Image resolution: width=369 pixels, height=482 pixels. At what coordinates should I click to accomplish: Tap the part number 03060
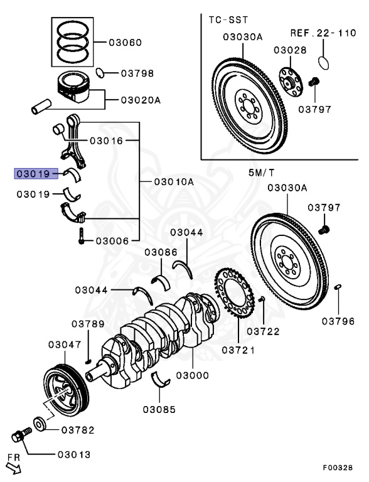click(x=125, y=43)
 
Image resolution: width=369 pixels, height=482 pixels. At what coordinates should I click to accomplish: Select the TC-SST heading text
click(x=228, y=20)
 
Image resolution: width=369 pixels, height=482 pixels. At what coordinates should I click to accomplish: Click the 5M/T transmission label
click(x=261, y=173)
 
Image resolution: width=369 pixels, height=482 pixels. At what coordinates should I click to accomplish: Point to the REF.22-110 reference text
click(x=323, y=33)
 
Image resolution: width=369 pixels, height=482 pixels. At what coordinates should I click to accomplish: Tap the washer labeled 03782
click(x=40, y=424)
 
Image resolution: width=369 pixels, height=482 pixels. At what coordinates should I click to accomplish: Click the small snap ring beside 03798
click(x=99, y=73)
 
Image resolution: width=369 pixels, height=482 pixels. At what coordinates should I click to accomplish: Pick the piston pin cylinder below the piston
click(x=41, y=106)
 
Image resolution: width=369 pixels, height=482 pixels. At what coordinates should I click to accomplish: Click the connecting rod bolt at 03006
click(x=82, y=236)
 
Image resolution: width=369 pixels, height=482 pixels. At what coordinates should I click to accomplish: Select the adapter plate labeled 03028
click(x=291, y=82)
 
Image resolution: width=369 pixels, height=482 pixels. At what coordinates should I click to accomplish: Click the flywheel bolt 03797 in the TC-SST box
click(x=314, y=82)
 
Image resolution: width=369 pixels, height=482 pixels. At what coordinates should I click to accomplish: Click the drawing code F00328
click(x=338, y=467)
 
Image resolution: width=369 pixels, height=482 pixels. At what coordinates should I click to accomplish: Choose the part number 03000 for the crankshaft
click(x=193, y=375)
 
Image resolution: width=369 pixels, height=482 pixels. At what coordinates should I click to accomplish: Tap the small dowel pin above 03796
click(x=338, y=287)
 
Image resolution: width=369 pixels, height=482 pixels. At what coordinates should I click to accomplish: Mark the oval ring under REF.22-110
click(x=323, y=63)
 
